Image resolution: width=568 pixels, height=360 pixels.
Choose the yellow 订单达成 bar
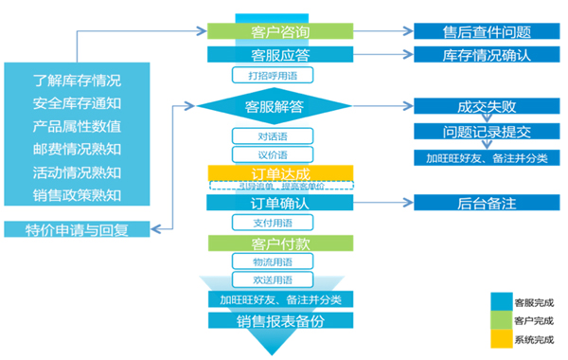pos(279,173)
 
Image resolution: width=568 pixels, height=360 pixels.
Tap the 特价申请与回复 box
pos(77,228)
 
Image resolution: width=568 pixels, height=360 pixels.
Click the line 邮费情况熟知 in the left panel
pos(77,149)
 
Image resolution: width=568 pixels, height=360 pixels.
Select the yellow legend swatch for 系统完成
pos(499,339)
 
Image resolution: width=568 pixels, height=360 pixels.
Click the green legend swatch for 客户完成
pos(499,320)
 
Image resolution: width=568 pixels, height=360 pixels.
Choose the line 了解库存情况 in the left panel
pos(77,80)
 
